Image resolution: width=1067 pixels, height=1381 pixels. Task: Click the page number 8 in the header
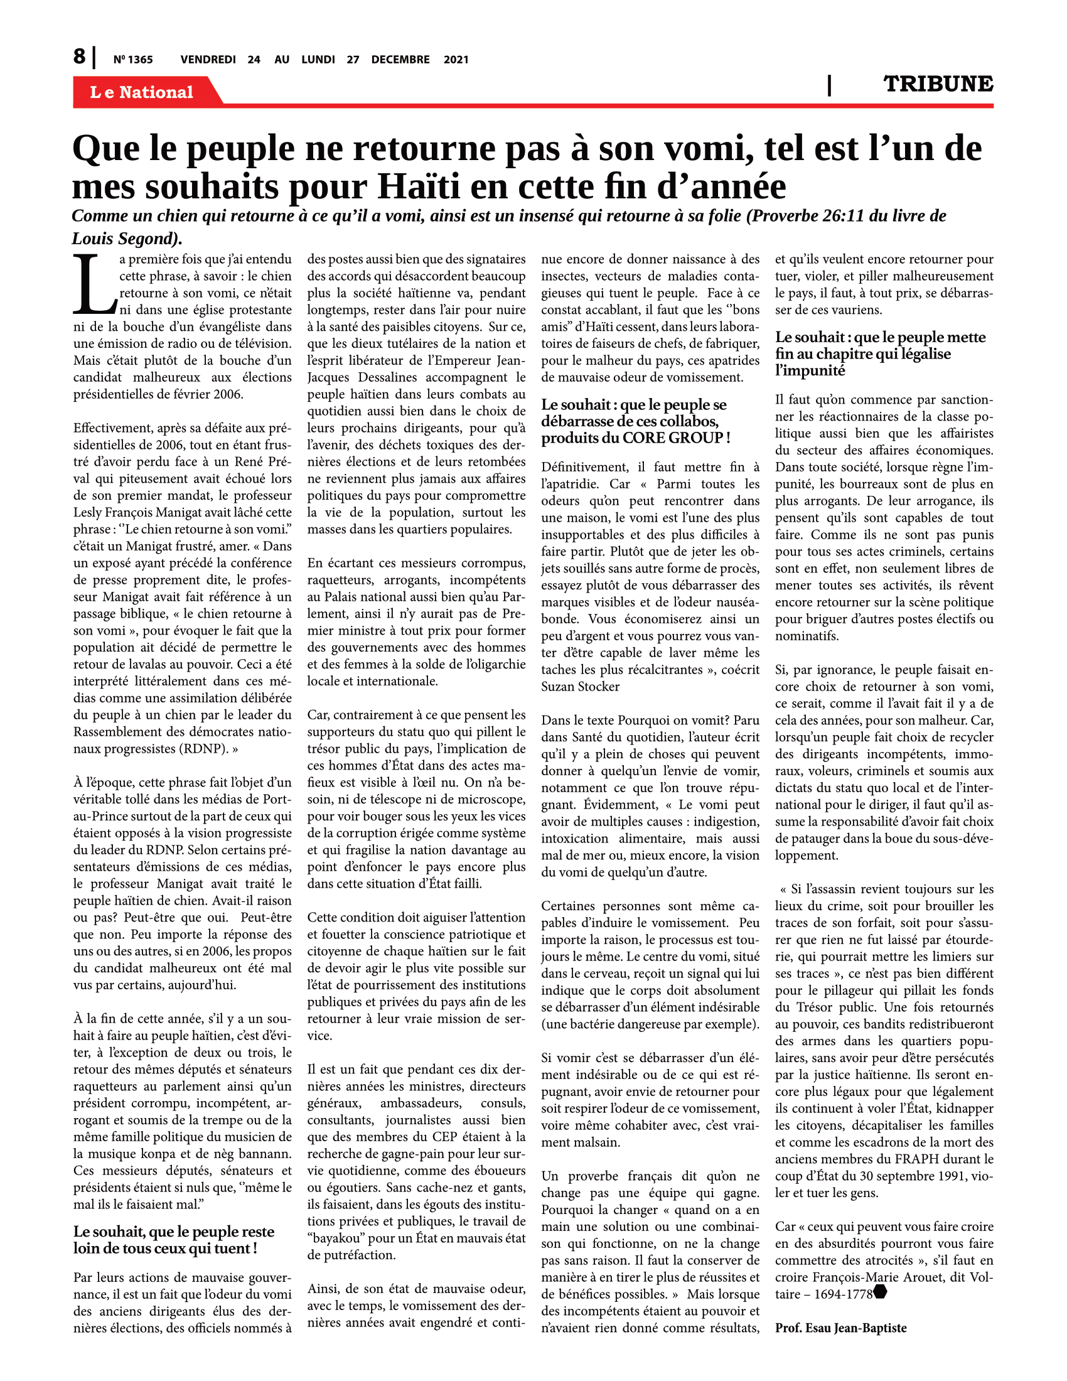click(x=79, y=57)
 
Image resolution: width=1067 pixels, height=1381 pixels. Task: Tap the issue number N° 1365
click(x=132, y=60)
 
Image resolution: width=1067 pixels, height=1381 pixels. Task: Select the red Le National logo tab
click(x=142, y=92)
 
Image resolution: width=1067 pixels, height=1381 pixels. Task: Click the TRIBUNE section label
click(x=938, y=84)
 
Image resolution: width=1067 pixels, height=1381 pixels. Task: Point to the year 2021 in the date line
click(x=456, y=60)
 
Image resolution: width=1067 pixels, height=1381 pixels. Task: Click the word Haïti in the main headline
click(x=421, y=187)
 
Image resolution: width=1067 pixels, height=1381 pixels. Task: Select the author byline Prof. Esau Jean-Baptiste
click(x=840, y=1328)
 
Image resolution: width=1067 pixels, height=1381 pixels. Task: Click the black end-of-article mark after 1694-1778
click(x=880, y=1292)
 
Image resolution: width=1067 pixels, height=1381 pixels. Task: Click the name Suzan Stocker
click(x=581, y=687)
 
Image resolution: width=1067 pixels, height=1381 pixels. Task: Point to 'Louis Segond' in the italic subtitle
click(x=125, y=239)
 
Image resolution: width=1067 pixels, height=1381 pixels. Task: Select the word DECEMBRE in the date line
click(x=400, y=60)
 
